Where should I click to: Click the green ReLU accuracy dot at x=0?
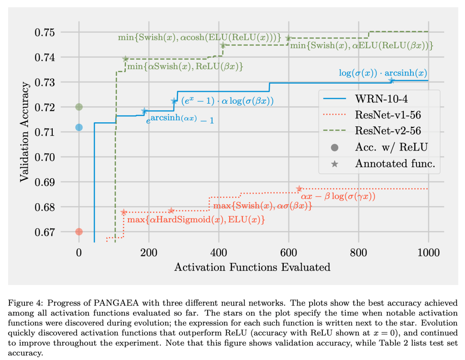[79, 107]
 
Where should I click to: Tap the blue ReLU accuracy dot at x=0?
[79, 127]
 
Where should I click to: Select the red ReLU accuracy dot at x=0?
[79, 231]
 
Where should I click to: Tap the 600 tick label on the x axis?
[289, 252]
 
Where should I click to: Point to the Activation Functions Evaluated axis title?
[252, 267]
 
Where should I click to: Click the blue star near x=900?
[391, 80]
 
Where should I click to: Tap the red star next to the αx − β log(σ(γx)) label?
[299, 189]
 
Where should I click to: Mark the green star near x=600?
[288, 38]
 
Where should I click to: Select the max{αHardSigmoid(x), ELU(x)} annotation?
[196, 220]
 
